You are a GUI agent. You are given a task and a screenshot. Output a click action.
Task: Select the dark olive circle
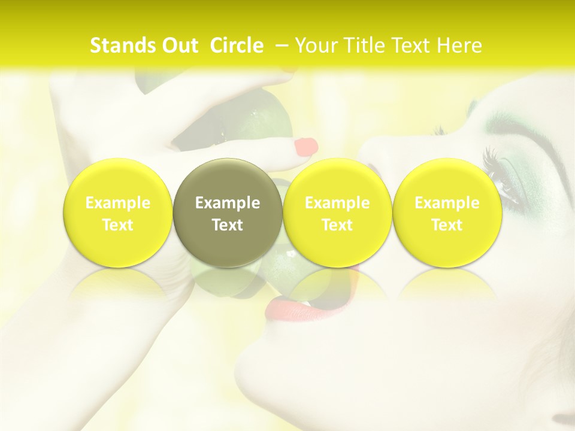pyautogui.click(x=228, y=213)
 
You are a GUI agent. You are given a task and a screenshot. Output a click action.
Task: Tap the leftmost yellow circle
pyautogui.click(x=118, y=213)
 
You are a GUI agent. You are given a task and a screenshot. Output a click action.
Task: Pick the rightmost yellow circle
pyautogui.click(x=447, y=213)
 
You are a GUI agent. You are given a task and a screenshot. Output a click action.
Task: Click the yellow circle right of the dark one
pyautogui.click(x=337, y=213)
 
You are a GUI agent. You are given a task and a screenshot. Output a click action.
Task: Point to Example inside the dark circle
pyautogui.click(x=228, y=203)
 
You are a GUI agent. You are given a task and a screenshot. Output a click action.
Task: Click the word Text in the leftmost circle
pyautogui.click(x=118, y=225)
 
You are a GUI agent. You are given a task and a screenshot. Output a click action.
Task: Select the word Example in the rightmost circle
pyautogui.click(x=447, y=203)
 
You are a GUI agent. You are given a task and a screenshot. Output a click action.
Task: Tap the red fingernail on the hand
pyautogui.click(x=306, y=146)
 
